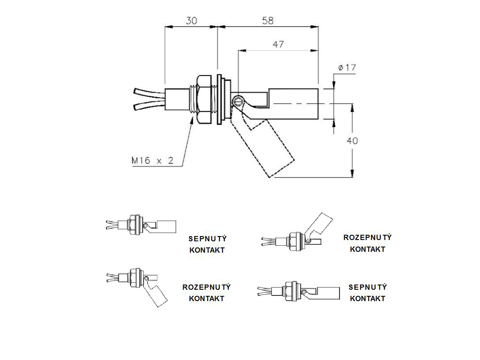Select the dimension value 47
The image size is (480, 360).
pyautogui.click(x=278, y=44)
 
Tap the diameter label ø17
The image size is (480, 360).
pyautogui.click(x=347, y=68)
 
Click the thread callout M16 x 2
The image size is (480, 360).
pyautogui.click(x=152, y=161)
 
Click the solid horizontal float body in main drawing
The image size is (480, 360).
pyautogui.click(x=295, y=103)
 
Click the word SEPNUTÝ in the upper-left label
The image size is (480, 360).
pyautogui.click(x=207, y=239)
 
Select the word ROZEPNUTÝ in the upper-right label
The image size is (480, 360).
pyautogui.click(x=367, y=237)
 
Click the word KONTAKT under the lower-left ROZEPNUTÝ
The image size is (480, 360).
pyautogui.click(x=207, y=298)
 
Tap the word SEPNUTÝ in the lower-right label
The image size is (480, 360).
pyautogui.click(x=367, y=287)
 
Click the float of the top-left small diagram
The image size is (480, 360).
pyautogui.click(x=167, y=226)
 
